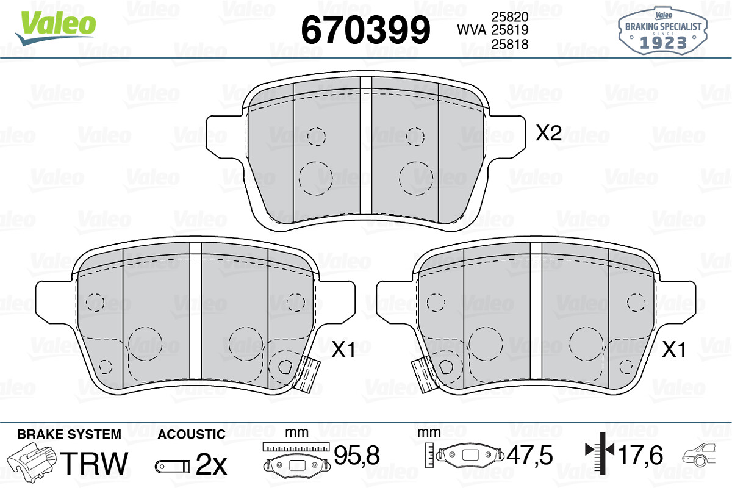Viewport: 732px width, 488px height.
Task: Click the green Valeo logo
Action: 56,27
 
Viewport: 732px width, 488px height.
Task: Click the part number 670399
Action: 365,30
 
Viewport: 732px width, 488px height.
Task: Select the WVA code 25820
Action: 510,16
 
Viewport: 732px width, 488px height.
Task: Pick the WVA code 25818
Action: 510,44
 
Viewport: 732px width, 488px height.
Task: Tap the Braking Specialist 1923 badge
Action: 662,31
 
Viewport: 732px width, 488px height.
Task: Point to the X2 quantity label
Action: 548,133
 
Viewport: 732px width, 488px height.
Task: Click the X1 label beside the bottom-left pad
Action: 343,350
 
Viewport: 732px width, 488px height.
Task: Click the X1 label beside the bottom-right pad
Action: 673,350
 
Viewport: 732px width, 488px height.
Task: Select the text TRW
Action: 94,463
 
